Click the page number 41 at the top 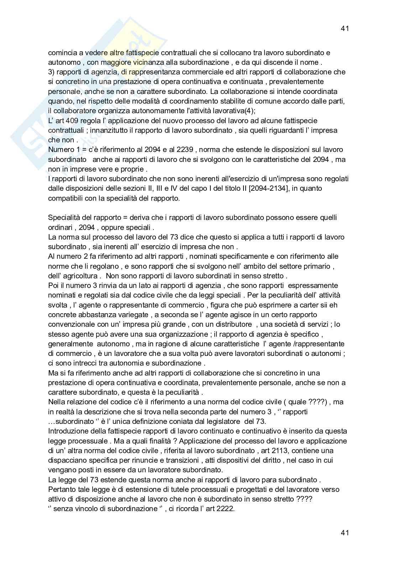tap(344, 29)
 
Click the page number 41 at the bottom tap(344, 532)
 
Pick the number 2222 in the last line tap(226, 509)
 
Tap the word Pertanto tap(61, 489)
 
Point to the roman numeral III tap(168, 188)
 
